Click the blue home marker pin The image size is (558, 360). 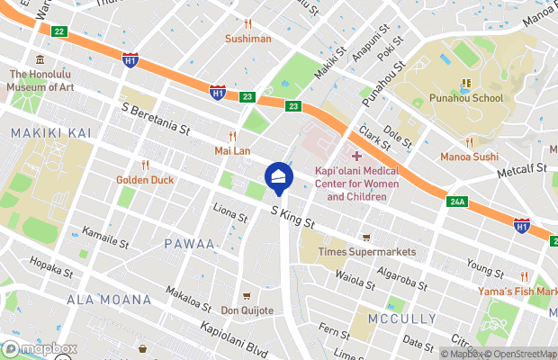[278, 177]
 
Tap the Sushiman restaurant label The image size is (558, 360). [247, 39]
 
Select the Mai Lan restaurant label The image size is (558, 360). [232, 150]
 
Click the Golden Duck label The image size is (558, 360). [144, 179]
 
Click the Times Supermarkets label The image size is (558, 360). [367, 252]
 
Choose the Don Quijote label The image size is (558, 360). [247, 310]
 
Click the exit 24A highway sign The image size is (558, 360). [457, 202]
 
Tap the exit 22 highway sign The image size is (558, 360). [58, 31]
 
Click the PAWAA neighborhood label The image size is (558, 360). [189, 244]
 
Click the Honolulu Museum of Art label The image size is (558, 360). [40, 81]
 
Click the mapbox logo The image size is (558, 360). [40, 349]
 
